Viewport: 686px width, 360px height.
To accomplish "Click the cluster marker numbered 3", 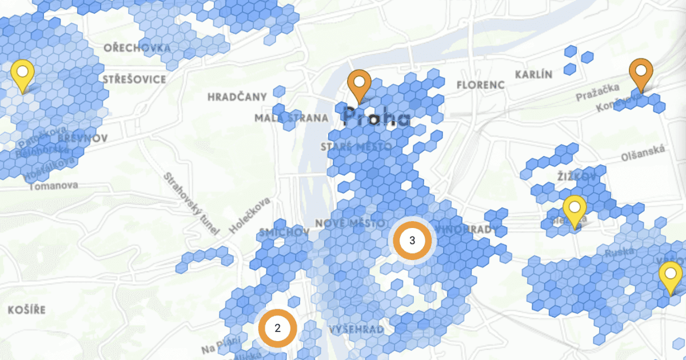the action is click(x=412, y=241).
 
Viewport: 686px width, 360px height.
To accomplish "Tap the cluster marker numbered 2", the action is click(x=277, y=328).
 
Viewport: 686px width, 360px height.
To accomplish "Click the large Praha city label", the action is click(x=376, y=117).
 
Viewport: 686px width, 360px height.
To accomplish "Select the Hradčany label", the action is click(x=237, y=97).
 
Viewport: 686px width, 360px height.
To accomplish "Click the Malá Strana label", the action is click(x=292, y=118).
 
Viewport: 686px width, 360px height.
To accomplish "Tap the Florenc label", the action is click(x=481, y=85).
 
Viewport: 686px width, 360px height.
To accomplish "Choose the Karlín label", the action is click(x=533, y=75).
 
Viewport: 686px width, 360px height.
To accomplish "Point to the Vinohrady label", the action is click(x=466, y=229).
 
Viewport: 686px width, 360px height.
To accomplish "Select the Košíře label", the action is click(x=26, y=310).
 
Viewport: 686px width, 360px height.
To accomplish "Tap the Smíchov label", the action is click(x=284, y=233).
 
